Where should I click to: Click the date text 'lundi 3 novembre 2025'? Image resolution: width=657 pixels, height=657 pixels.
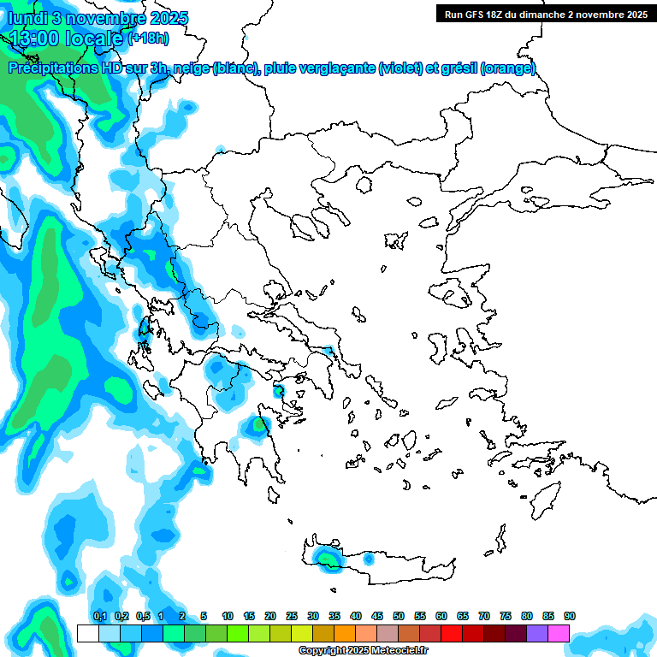98,18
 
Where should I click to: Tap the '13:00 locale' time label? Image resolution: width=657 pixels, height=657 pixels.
66,38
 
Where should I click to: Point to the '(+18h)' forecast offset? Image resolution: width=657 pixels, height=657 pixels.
149,38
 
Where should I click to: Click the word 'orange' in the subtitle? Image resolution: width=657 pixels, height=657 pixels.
508,68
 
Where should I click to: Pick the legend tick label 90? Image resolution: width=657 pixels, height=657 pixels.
570,616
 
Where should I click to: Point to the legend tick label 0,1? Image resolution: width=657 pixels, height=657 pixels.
99,616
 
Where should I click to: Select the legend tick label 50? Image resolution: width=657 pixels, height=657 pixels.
399,616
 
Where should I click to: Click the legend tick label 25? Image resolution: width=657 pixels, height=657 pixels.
292,616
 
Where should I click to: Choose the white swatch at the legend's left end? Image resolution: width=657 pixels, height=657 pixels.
87,633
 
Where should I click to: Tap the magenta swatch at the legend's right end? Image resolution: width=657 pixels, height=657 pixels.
559,633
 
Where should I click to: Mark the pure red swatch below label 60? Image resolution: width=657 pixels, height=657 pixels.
452,633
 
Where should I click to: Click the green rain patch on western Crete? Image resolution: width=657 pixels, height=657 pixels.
326,559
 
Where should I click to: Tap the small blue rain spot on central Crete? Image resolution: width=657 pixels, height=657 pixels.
368,559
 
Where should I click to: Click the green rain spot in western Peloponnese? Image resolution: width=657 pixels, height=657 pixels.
257,424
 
